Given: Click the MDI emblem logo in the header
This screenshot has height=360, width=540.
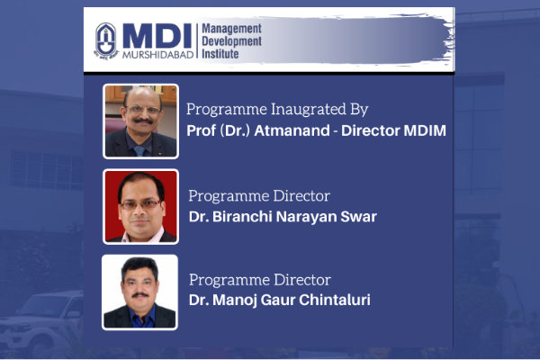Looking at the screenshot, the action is pyautogui.click(x=105, y=41).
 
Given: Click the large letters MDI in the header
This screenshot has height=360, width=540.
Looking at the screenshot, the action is pyautogui.click(x=157, y=36).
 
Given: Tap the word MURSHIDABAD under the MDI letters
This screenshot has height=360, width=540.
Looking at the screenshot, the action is pyautogui.click(x=157, y=55).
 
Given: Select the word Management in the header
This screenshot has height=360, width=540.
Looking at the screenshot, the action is pyautogui.click(x=231, y=29).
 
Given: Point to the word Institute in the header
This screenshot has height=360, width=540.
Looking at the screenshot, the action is pyautogui.click(x=220, y=54).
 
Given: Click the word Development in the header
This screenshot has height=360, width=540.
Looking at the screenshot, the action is pyautogui.click(x=231, y=41).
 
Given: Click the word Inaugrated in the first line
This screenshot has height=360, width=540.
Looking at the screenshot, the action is pyautogui.click(x=308, y=110).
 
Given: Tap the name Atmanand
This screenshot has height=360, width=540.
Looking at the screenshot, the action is pyautogui.click(x=292, y=130).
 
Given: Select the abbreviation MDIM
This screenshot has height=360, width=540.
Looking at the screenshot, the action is pyautogui.click(x=425, y=130).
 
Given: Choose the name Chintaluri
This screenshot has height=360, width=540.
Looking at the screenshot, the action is pyautogui.click(x=335, y=300).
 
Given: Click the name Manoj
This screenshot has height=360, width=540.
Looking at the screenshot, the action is pyautogui.click(x=235, y=300).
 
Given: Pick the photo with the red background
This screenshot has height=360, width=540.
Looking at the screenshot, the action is pyautogui.click(x=140, y=207).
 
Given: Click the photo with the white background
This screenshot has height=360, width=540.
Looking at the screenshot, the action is pyautogui.click(x=139, y=292).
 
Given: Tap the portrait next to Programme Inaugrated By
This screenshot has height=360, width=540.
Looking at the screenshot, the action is pyautogui.click(x=140, y=121).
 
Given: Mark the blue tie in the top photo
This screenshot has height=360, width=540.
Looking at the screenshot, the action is pyautogui.click(x=139, y=150).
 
